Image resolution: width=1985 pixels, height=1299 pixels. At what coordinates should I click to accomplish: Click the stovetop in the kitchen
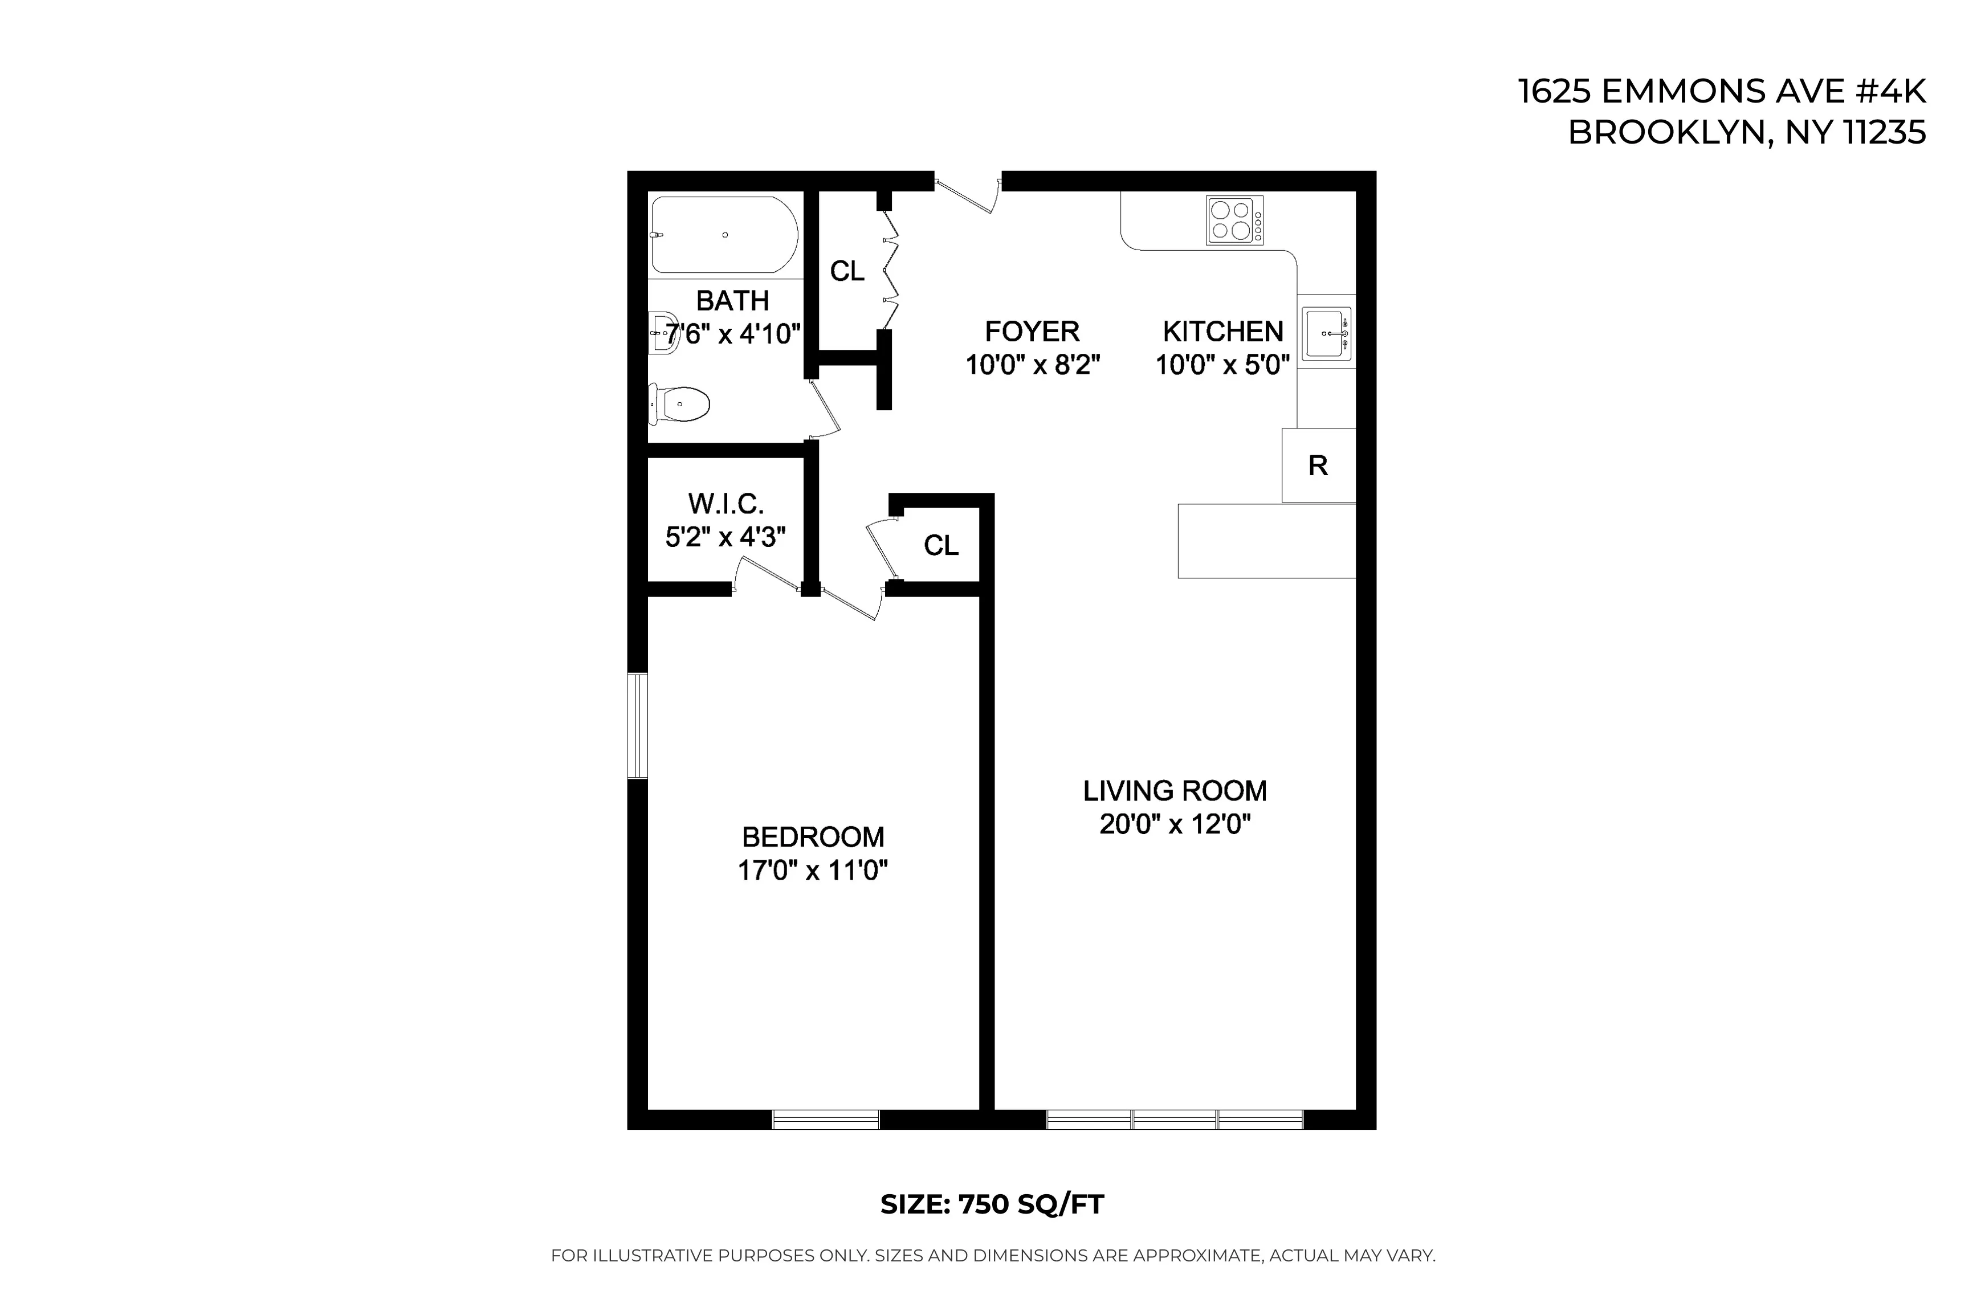[x=1234, y=220]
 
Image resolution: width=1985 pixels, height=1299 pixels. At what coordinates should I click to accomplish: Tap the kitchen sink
[x=1326, y=333]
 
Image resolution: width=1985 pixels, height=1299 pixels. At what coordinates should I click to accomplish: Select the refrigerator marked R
[x=1318, y=465]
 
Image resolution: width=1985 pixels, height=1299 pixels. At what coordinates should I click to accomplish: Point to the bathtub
[x=724, y=235]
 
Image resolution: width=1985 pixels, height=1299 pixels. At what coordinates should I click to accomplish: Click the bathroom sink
[x=664, y=333]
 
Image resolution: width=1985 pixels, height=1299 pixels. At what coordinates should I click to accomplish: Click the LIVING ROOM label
[x=1175, y=790]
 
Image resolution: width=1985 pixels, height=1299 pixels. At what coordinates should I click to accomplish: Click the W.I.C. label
[x=725, y=504]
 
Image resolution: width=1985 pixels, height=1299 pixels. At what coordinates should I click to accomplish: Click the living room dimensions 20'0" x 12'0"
[x=1175, y=824]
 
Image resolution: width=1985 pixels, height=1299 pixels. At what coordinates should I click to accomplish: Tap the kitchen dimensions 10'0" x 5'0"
[x=1222, y=365]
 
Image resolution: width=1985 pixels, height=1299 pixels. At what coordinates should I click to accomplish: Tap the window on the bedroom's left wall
[x=638, y=725]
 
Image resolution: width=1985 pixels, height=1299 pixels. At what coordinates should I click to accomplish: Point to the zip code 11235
[x=1884, y=133]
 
